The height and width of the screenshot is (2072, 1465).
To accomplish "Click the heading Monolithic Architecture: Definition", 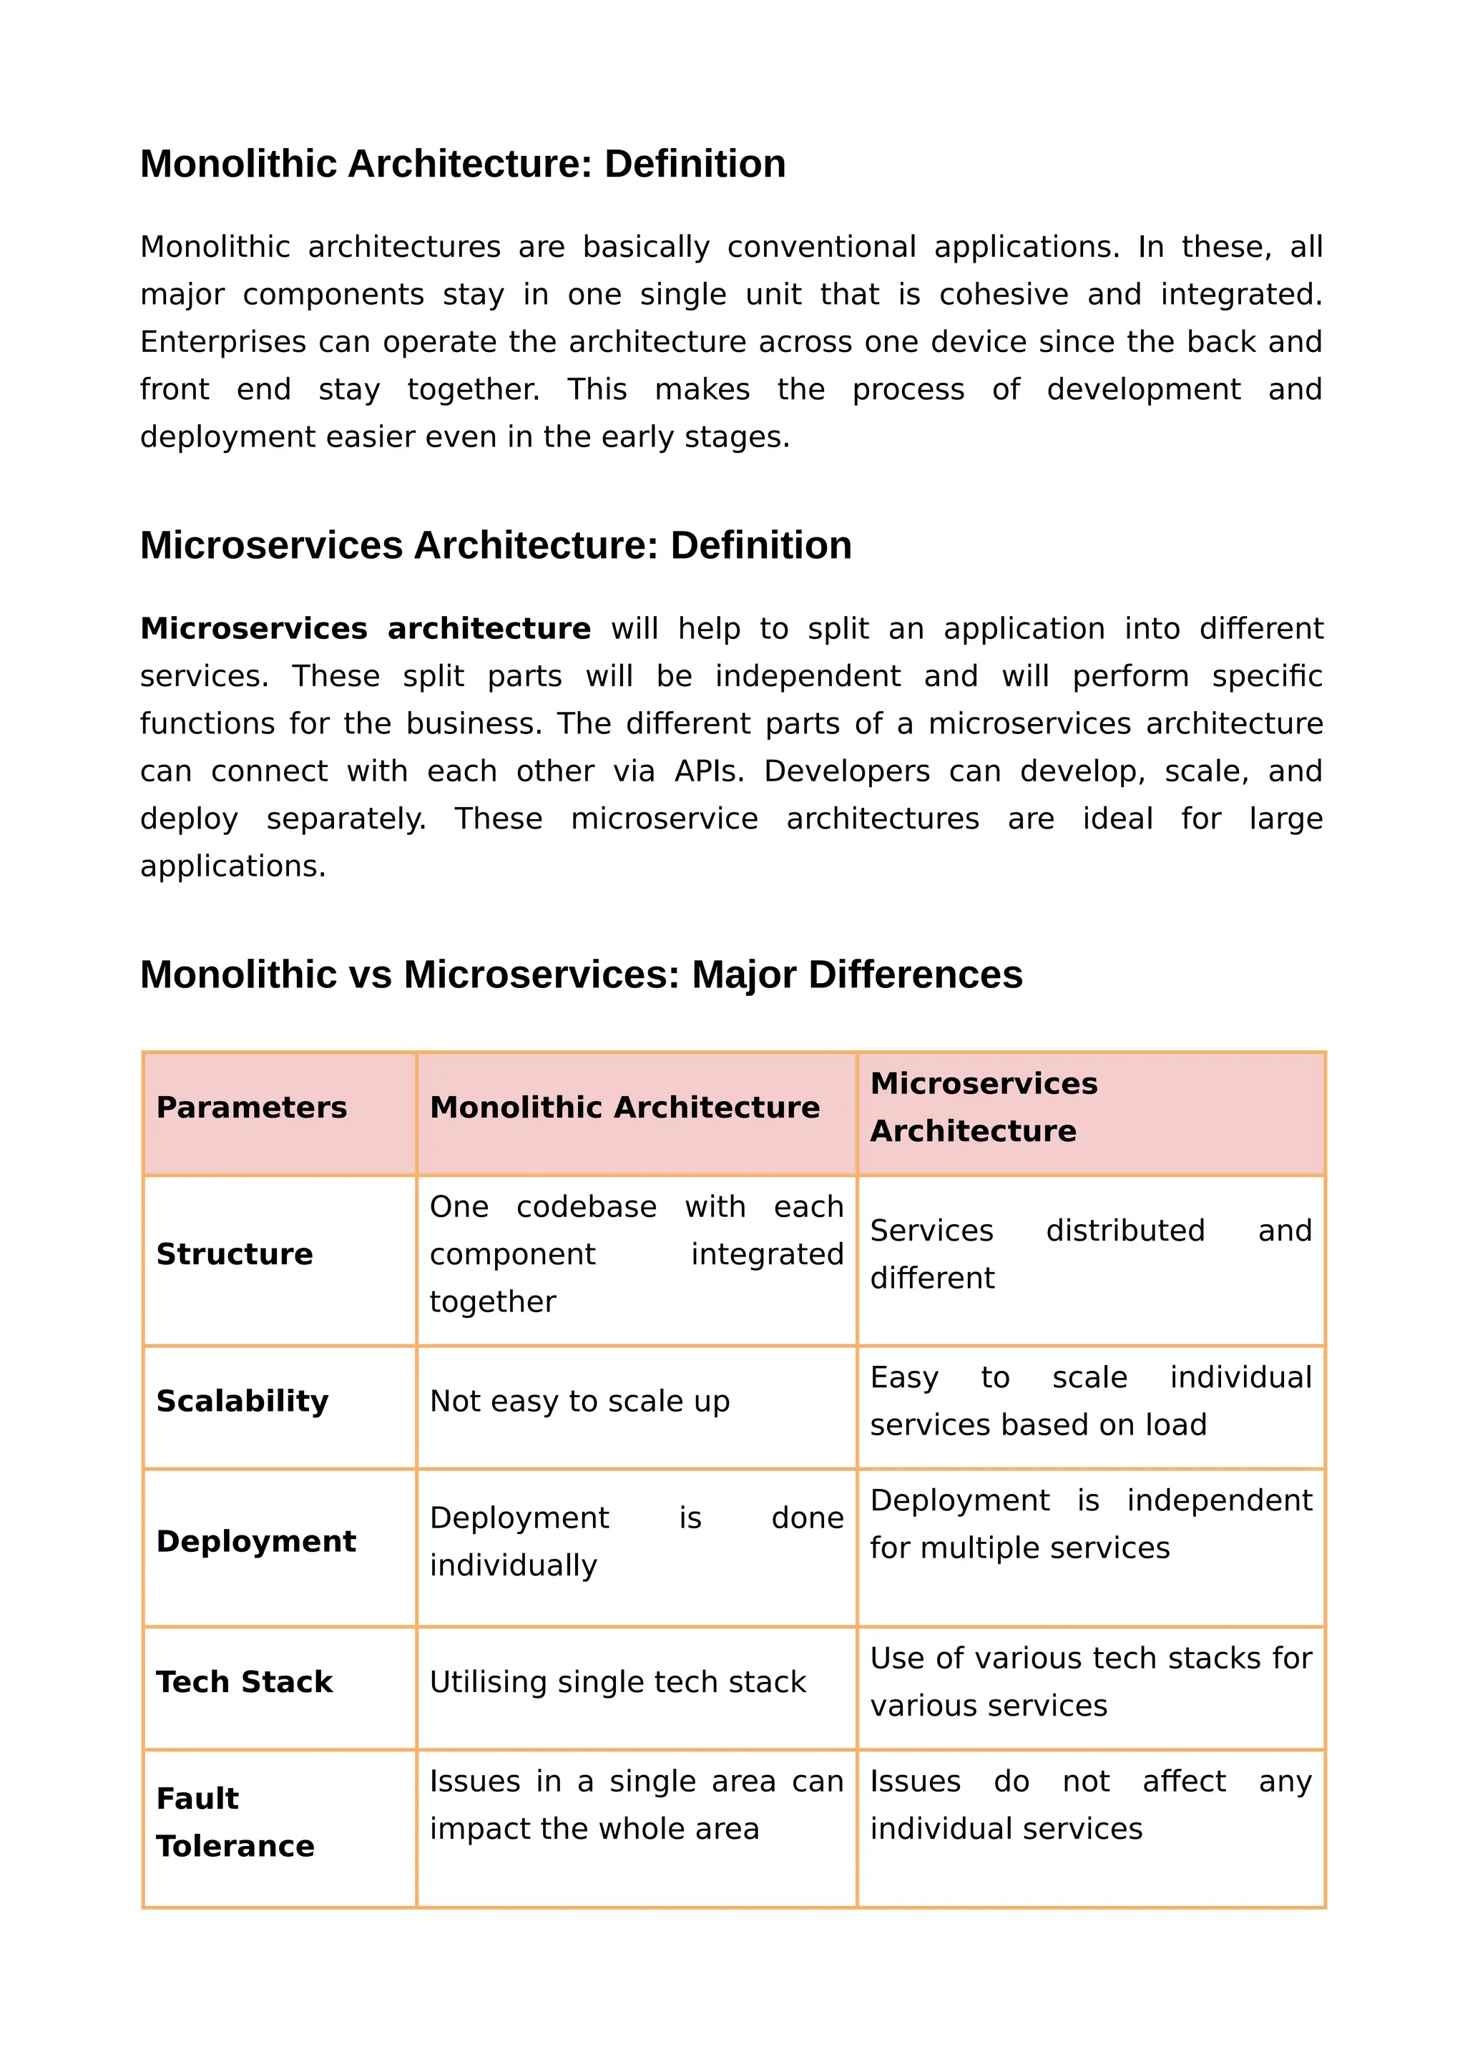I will pyautogui.click(x=463, y=165).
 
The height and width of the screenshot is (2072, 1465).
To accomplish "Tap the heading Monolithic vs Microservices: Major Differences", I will pyautogui.click(x=581, y=974).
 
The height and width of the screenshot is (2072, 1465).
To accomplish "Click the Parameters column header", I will pyautogui.click(x=251, y=1108).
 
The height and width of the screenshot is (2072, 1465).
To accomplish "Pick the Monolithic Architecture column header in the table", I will pyautogui.click(x=624, y=1108).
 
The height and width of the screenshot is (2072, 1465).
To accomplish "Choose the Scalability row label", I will pyautogui.click(x=242, y=1401).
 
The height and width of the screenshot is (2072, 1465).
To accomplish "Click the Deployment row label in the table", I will pyautogui.click(x=255, y=1541).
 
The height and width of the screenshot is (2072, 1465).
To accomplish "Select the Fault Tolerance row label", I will pyautogui.click(x=235, y=1822).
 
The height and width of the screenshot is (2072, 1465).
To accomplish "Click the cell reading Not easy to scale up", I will pyautogui.click(x=579, y=1401).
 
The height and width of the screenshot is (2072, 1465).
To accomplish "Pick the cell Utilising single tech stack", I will pyautogui.click(x=617, y=1682).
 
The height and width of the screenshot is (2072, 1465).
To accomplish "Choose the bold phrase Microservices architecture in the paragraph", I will pyautogui.click(x=366, y=628).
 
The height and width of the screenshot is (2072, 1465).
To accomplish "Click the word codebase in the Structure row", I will pyautogui.click(x=587, y=1208).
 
